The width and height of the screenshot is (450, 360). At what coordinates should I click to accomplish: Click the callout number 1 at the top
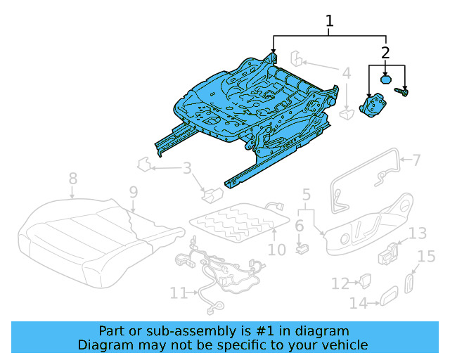329,22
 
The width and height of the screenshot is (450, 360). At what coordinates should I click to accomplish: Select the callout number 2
385,52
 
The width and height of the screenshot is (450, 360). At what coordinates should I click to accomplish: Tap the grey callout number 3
186,168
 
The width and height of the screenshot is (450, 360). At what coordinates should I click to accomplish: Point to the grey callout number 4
347,73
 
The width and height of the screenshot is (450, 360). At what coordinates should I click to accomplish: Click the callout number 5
306,194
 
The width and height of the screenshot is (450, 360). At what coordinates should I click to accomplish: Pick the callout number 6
299,226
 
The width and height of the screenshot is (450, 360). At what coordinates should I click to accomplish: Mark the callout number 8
72,180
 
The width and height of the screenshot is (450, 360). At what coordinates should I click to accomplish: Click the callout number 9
133,191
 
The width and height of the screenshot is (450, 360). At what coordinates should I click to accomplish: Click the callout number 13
418,233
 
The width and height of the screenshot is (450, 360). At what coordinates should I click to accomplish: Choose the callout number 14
359,303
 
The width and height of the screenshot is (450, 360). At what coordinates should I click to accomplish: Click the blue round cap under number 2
386,79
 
